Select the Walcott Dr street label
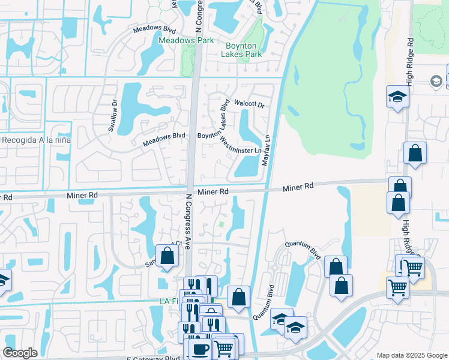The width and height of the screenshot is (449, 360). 249,104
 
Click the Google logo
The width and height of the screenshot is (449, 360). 20,353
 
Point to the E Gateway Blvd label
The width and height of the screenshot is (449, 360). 153,358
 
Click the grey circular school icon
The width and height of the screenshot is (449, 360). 436,82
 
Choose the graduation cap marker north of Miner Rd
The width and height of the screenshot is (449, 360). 397,97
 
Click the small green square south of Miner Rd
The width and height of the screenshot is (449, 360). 221,226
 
